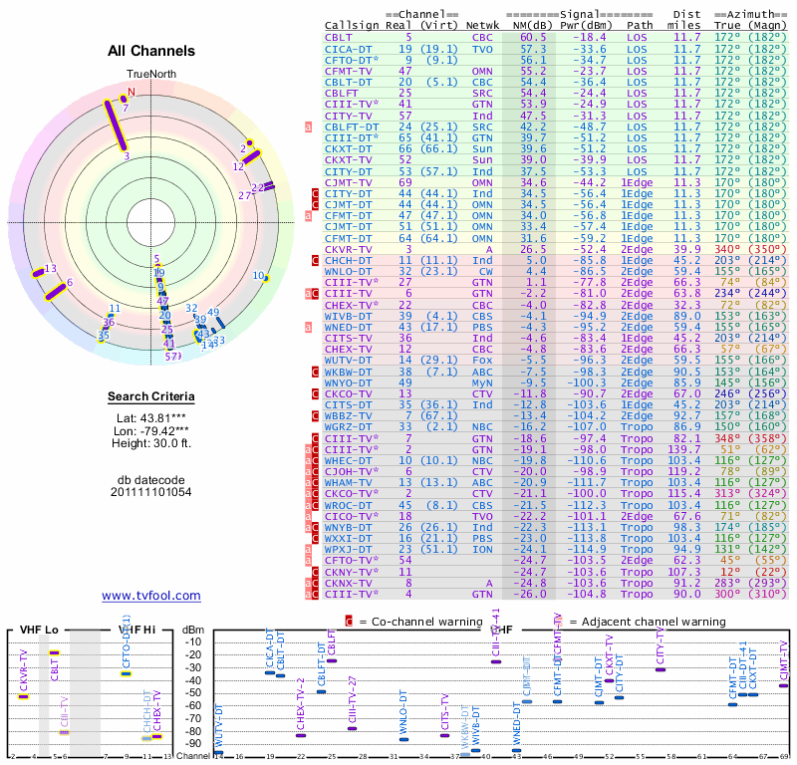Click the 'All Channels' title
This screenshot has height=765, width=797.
click(150, 51)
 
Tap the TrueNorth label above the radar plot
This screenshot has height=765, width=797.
click(150, 75)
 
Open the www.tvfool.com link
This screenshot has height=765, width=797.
click(150, 596)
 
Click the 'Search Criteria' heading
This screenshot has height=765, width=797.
click(150, 397)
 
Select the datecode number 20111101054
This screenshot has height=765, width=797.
click(150, 492)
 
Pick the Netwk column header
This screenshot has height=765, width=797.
click(482, 24)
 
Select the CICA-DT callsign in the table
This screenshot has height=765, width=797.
click(351, 48)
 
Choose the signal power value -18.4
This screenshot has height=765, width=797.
click(584, 36)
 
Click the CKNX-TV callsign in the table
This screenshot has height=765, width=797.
click(351, 583)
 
